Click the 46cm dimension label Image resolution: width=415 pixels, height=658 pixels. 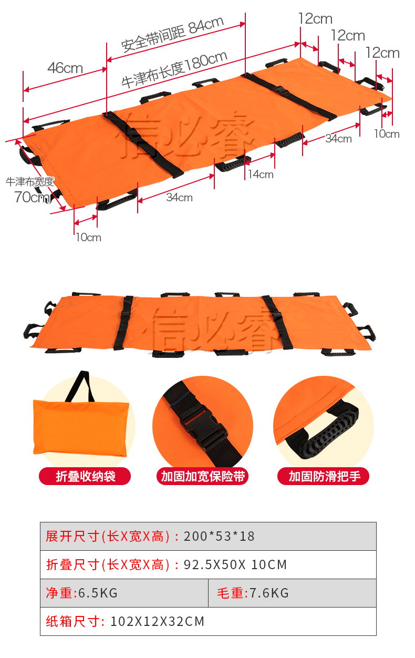click(65, 68)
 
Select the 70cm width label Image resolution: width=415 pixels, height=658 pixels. click(32, 197)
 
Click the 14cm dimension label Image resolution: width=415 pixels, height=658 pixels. click(261, 174)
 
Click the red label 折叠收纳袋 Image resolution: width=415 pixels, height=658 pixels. click(85, 476)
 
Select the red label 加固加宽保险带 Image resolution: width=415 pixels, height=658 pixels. click(203, 476)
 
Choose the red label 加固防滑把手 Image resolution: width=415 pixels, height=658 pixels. click(324, 476)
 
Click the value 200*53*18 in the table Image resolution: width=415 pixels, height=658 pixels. click(219, 537)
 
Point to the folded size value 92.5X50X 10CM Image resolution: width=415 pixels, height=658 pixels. click(235, 564)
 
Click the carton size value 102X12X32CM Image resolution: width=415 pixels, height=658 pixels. click(157, 621)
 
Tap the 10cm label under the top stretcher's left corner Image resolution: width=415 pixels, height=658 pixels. click(88, 238)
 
